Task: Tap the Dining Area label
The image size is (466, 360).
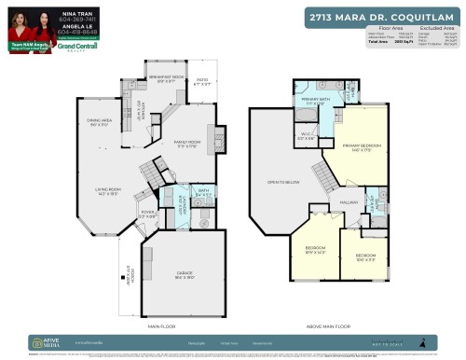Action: tap(100, 123)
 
